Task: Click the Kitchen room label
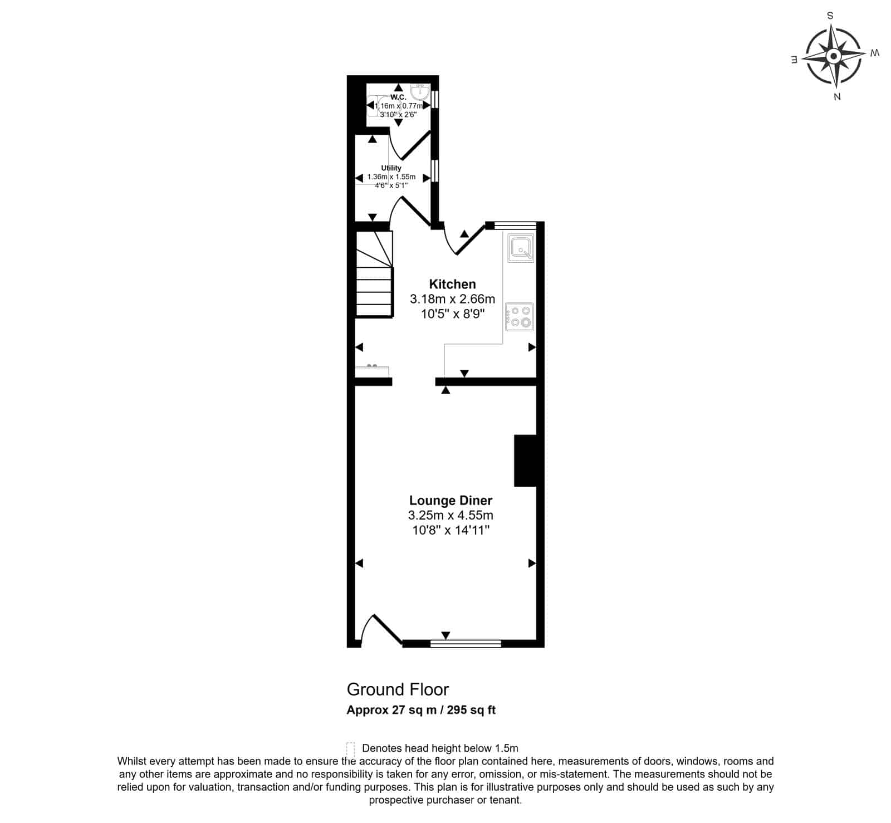tap(452, 284)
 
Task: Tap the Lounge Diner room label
tap(451, 500)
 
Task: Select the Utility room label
tap(391, 168)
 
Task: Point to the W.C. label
tap(398, 97)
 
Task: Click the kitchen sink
tap(521, 248)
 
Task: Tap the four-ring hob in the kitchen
tap(520, 317)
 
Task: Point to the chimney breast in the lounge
tap(525, 461)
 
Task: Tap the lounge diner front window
tap(466, 644)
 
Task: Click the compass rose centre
tap(834, 56)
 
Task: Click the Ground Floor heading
tap(398, 689)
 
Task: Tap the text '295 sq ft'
tap(475, 710)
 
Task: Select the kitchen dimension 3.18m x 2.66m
tap(452, 299)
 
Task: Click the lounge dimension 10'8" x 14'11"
tap(451, 530)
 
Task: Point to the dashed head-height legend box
tap(350, 748)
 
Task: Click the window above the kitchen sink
tap(515, 226)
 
